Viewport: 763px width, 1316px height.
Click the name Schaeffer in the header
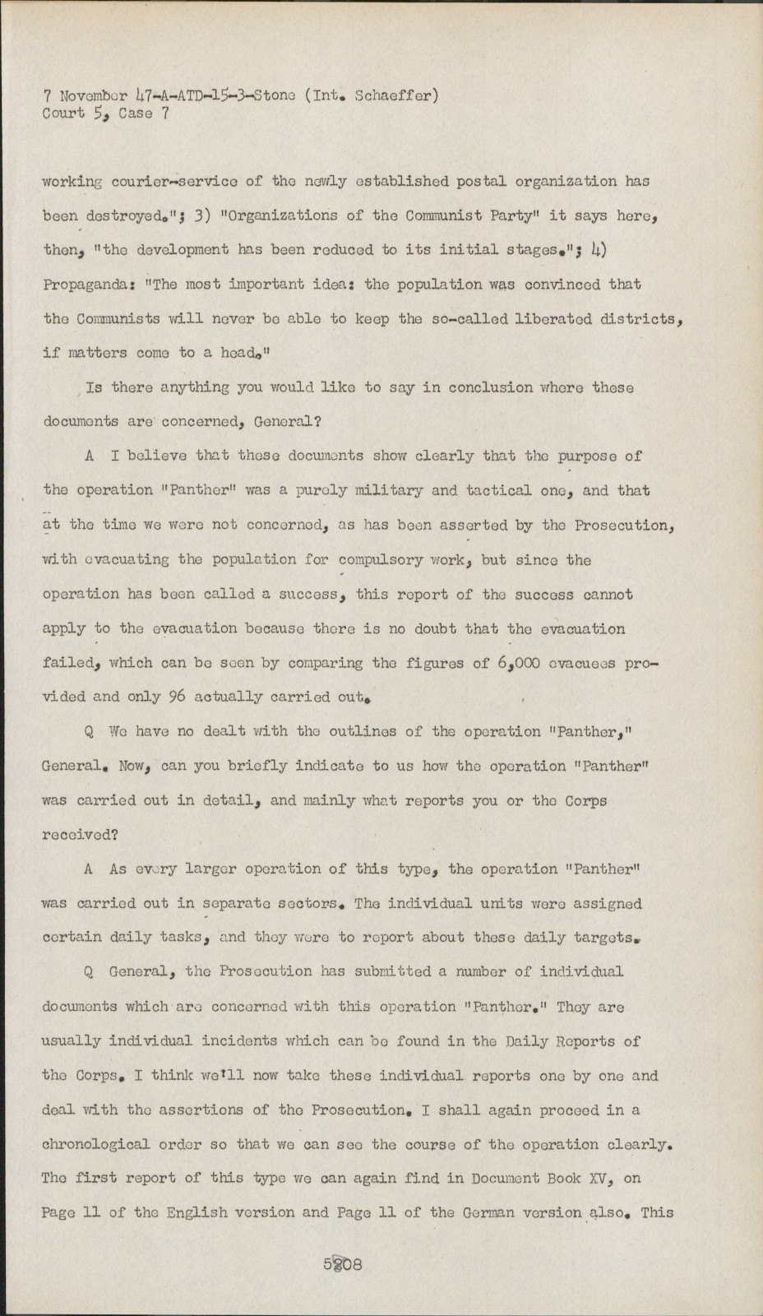(x=399, y=95)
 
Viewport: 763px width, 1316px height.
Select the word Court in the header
(x=63, y=114)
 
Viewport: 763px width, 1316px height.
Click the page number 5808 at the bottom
(x=343, y=1264)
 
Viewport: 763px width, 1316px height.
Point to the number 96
(x=178, y=697)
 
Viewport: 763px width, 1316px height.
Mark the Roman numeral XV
(x=609, y=1179)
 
